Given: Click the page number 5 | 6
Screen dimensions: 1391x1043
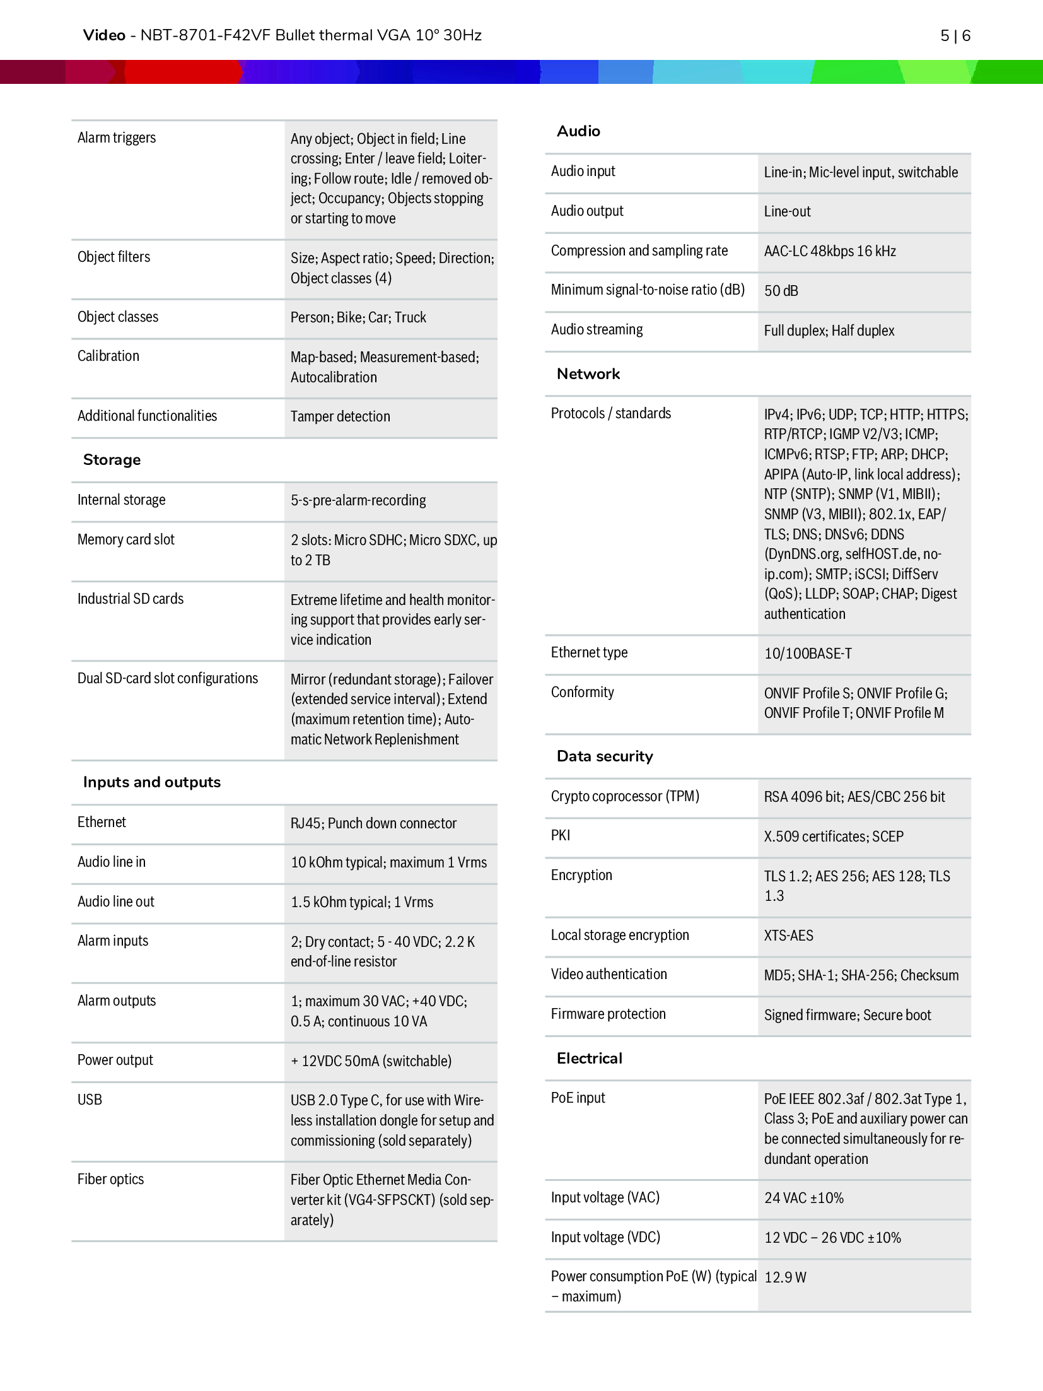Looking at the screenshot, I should tap(955, 36).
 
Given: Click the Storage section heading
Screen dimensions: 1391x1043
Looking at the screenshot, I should tap(112, 460).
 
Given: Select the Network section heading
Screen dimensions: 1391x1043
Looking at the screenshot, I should tap(588, 374).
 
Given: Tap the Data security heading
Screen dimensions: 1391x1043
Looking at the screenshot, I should tap(604, 756).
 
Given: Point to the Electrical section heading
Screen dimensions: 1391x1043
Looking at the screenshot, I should tap(589, 1059).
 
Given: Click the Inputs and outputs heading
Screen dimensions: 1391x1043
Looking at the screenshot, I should tap(151, 782).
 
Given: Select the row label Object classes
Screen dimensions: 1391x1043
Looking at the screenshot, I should tap(118, 317).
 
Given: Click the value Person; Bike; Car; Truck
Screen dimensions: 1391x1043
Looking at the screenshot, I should tap(358, 317).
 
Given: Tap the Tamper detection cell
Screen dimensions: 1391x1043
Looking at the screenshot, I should tap(340, 416).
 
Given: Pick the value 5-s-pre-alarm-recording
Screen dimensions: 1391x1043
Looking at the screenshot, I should tap(358, 500).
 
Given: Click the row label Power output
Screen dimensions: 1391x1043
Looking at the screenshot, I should tap(115, 1060).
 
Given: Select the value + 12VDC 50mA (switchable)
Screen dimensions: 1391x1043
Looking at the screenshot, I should tap(371, 1061).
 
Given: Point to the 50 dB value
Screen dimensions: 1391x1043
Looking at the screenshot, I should tap(781, 291).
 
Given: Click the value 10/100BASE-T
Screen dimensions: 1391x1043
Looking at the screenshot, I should tap(808, 654).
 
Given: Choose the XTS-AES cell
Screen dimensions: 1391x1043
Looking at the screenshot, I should tap(788, 936).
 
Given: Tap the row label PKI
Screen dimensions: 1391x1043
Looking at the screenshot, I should tap(560, 835).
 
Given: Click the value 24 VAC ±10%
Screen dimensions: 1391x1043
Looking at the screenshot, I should tap(803, 1198).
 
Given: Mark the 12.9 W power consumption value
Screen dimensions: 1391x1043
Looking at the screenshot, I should tap(785, 1277).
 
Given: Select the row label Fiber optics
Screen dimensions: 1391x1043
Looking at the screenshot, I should tap(110, 1179).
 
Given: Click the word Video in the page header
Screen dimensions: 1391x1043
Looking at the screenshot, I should tap(104, 35).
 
